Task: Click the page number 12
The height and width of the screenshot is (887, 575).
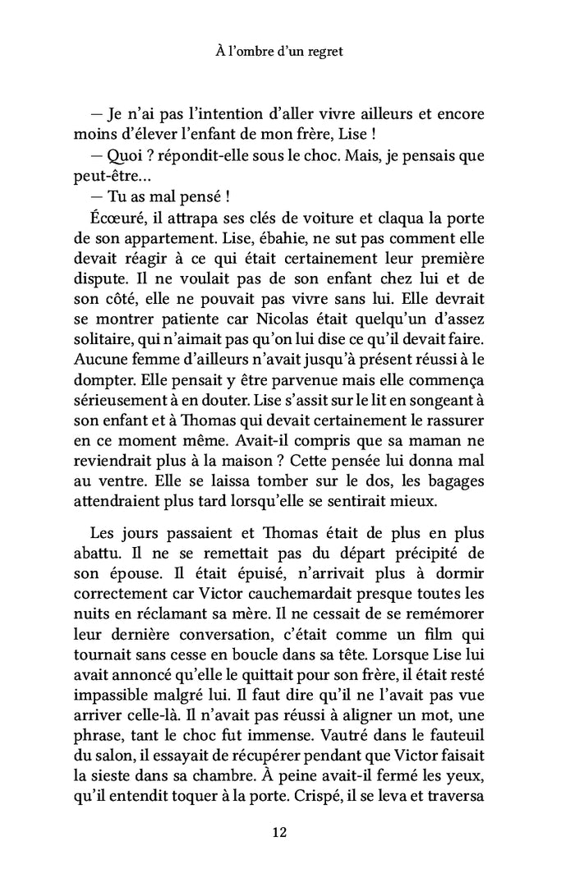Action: point(278,833)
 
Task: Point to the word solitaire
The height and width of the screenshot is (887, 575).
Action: point(100,338)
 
